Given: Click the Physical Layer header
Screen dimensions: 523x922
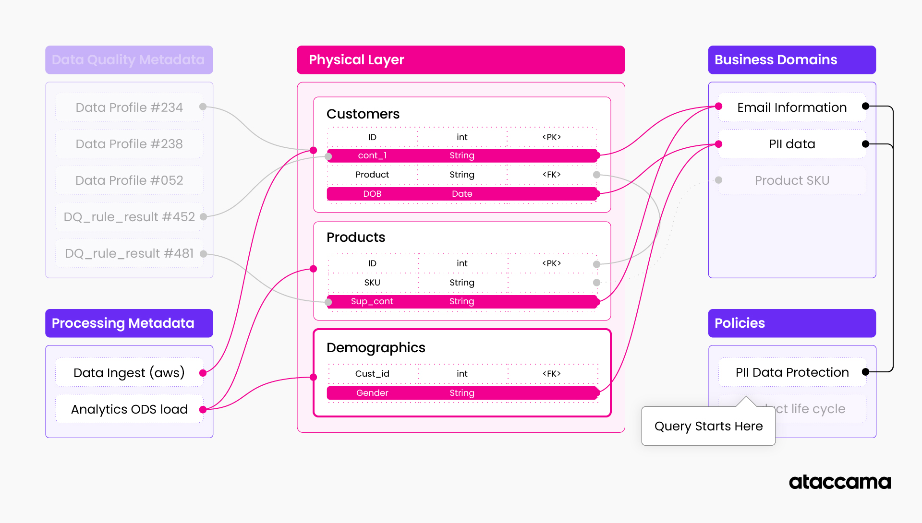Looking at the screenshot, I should point(460,60).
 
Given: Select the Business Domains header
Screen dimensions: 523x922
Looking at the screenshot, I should point(791,60).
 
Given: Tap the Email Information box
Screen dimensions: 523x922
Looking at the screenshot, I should point(791,107).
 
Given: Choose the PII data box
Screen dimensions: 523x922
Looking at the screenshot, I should point(791,144).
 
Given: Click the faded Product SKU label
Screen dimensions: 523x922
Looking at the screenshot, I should point(791,180).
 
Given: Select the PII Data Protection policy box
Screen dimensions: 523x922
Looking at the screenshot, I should point(791,372).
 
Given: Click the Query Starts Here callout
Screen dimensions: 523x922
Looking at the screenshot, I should point(708,426).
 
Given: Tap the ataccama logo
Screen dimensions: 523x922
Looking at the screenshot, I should point(839,482).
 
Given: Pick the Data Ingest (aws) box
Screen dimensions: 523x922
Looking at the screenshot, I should point(129,373).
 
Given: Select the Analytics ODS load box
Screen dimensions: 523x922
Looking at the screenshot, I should point(129,409).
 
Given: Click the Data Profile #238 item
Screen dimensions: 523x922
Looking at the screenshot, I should point(129,144).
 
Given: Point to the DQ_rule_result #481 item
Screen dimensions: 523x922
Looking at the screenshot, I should point(129,253).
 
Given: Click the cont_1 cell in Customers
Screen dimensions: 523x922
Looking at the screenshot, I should point(372,155).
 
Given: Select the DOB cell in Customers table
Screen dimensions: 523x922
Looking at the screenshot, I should point(372,194).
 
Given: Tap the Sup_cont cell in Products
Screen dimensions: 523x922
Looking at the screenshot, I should point(372,301).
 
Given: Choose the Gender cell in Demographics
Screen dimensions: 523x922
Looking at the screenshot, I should point(372,393).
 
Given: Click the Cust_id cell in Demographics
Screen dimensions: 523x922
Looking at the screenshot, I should point(372,374).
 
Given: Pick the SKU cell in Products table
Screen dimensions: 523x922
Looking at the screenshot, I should point(372,283).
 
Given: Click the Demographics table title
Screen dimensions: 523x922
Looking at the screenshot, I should point(376,347).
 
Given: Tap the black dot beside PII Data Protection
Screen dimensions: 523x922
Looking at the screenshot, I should point(865,372).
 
